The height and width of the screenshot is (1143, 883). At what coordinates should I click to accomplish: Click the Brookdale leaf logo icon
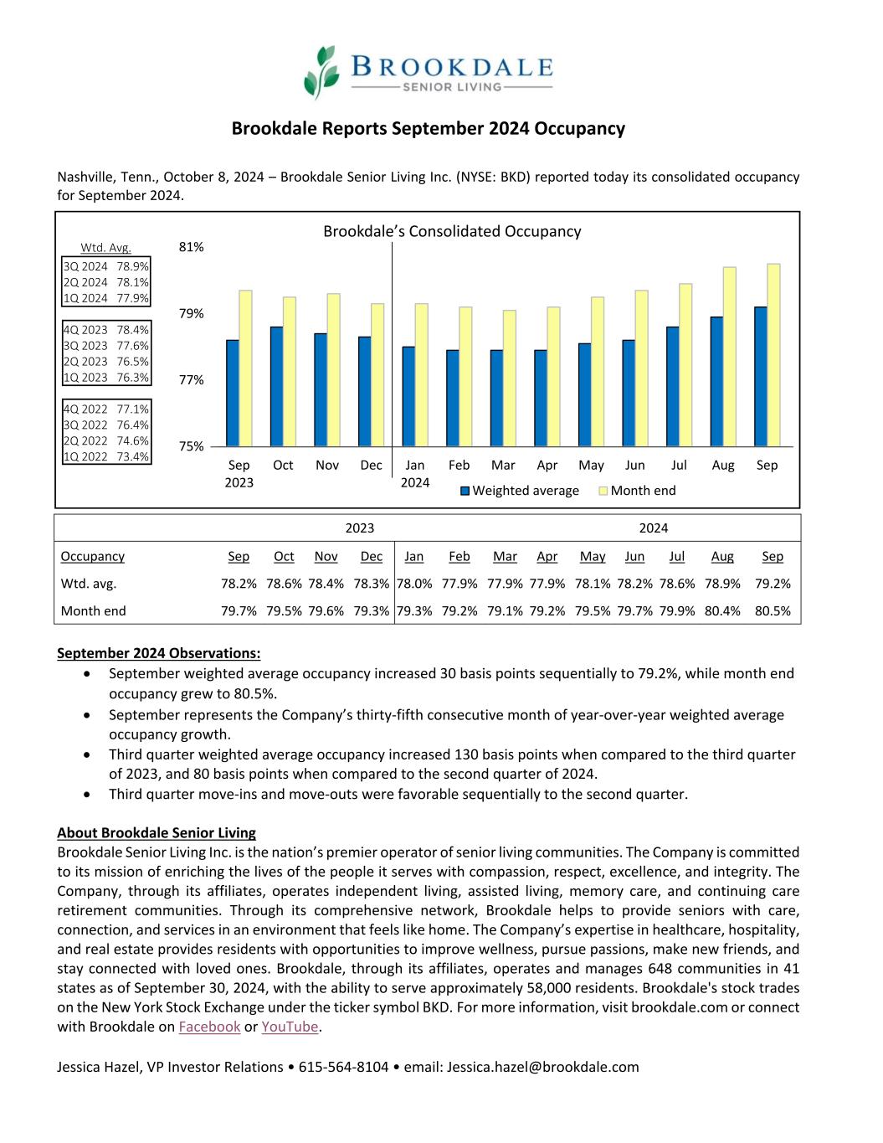tap(321, 72)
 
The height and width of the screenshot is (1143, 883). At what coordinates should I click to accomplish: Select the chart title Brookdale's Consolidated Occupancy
tap(452, 231)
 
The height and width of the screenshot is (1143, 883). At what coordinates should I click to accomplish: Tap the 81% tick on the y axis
tap(192, 247)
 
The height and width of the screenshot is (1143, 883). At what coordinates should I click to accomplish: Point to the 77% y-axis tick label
tap(192, 379)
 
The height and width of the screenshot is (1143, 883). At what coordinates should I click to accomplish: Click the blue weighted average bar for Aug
tap(716, 381)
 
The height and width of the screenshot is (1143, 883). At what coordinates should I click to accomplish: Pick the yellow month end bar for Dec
tap(377, 374)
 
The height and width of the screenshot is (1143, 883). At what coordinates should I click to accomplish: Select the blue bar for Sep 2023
tap(233, 393)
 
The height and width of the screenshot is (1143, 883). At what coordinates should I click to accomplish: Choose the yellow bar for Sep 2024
tap(773, 355)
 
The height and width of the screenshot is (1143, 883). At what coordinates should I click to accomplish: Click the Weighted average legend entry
tap(520, 491)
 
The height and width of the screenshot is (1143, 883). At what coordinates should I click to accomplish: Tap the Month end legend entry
tap(638, 491)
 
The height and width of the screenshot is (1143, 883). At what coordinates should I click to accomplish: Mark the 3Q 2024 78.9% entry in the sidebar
tap(106, 266)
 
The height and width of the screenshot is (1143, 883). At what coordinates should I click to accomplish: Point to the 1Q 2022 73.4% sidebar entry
tap(106, 456)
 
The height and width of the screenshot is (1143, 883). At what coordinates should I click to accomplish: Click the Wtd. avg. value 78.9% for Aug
tap(722, 584)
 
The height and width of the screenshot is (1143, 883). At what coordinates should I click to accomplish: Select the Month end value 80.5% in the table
tap(773, 611)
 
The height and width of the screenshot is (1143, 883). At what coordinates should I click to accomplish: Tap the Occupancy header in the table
tap(93, 556)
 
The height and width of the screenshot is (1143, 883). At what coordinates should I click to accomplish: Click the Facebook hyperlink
tap(209, 1027)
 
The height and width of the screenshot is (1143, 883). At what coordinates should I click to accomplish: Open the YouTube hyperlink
tap(290, 1027)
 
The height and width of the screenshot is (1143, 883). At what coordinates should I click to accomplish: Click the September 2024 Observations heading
tap(159, 653)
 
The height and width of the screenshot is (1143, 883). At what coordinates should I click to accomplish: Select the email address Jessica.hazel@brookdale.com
tap(542, 1067)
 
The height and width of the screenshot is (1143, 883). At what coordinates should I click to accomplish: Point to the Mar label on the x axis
tap(503, 465)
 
